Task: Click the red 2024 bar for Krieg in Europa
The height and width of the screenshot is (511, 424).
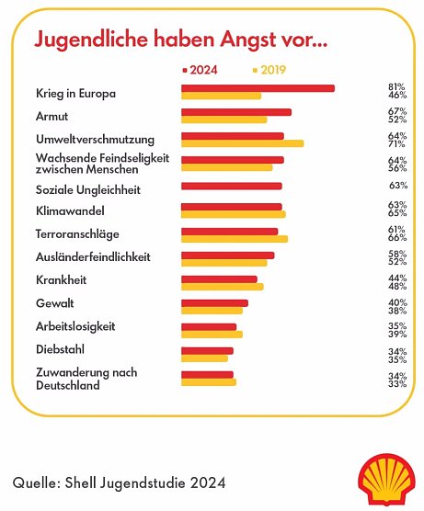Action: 258,88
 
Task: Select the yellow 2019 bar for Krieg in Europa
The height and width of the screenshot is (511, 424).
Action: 221,96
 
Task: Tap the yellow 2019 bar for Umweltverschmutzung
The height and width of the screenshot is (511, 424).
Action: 242,143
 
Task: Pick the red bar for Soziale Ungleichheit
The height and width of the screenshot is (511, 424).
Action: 231,186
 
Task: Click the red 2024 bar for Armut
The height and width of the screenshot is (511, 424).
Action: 235,112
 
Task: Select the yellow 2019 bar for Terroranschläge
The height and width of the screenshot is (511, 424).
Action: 234,239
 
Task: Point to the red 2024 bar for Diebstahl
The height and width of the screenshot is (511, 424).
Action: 207,351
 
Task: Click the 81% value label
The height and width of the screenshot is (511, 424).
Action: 397,87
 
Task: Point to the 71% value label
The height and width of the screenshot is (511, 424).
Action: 397,143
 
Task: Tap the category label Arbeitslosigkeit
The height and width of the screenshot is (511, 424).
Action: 75,326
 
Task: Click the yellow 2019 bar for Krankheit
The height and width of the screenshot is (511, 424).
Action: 222,287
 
